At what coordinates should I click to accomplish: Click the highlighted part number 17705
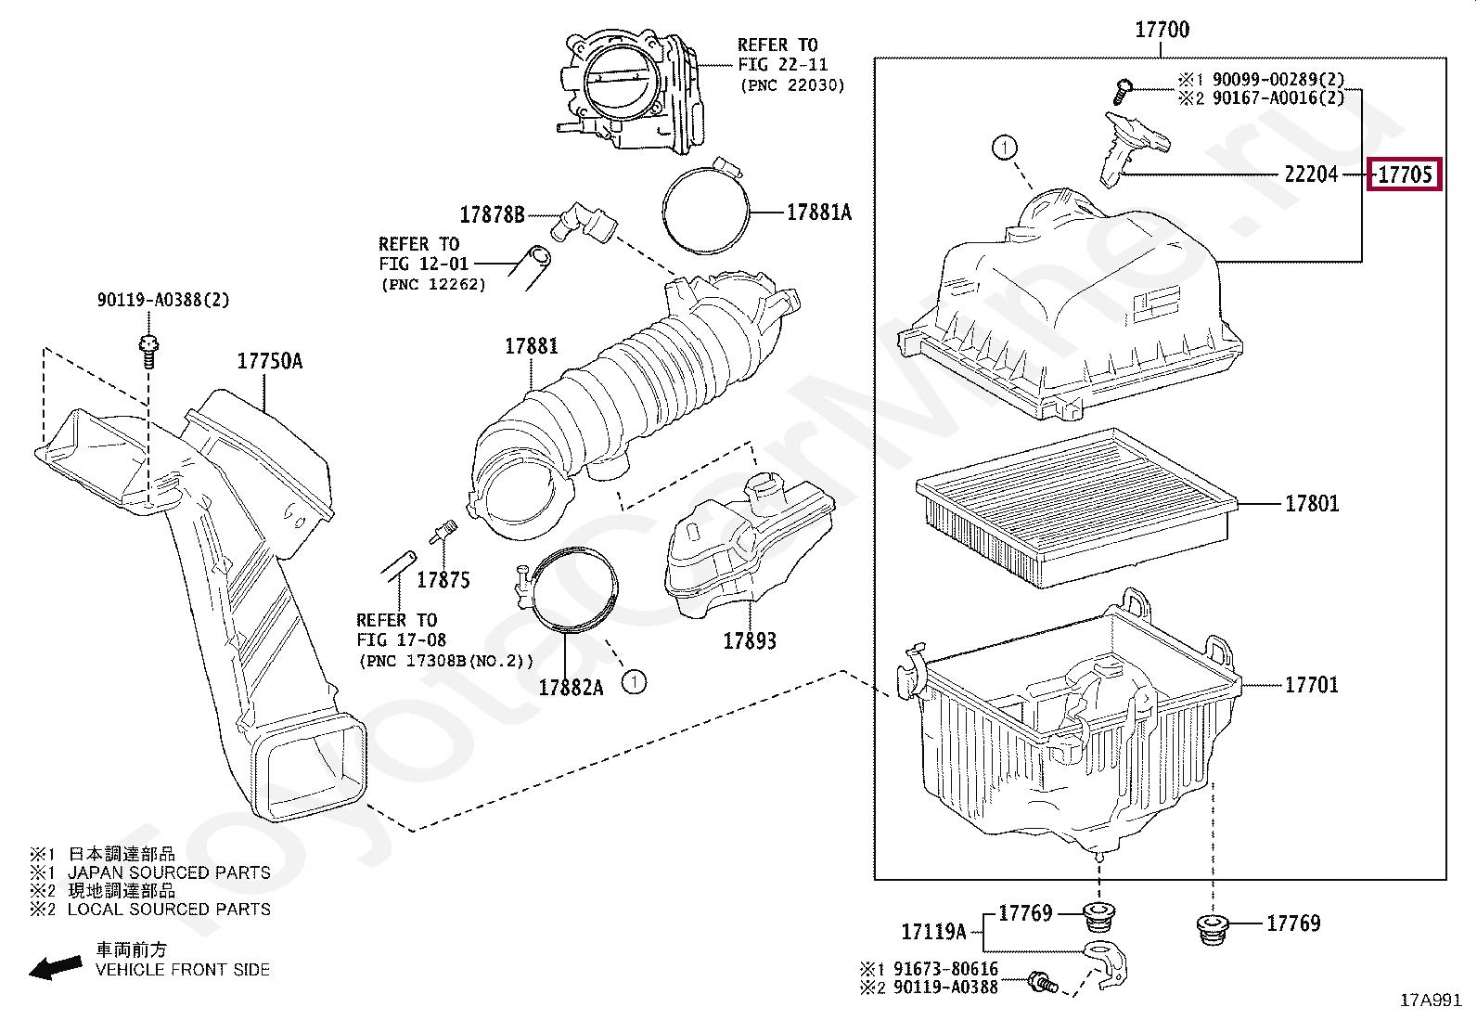[1405, 174]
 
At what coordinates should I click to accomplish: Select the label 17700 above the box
[1162, 30]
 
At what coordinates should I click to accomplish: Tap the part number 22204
[1311, 174]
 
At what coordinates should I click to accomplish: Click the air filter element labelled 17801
[1076, 507]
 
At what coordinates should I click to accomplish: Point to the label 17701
[1312, 685]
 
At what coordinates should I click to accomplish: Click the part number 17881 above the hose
[532, 346]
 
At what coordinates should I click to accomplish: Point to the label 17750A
[270, 361]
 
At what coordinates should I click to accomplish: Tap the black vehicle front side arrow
[56, 968]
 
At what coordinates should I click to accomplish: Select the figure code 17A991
[1431, 1000]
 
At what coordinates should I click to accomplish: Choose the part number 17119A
[933, 932]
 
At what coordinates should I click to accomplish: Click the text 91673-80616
[945, 969]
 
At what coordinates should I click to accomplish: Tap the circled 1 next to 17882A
[635, 682]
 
